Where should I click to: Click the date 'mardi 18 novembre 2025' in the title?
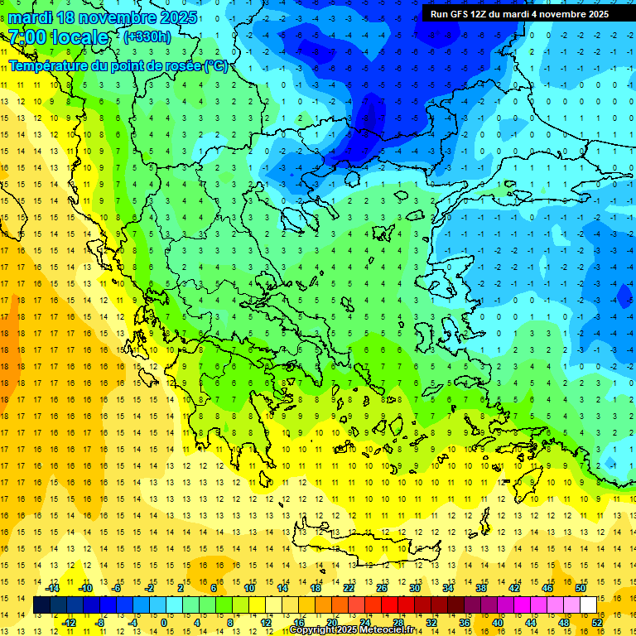coord(103,17)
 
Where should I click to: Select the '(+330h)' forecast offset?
coord(147,36)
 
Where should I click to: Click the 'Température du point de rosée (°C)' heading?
coord(118,66)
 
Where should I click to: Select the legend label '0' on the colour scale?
coord(164,623)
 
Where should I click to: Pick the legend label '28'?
coord(397,623)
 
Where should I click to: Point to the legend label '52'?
coord(597,623)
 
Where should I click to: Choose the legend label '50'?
coord(581,588)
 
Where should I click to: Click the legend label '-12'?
coord(70,623)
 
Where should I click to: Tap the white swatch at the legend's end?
coord(589,605)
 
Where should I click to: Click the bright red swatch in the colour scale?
coord(389,605)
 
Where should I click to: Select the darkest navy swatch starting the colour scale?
coord(41,605)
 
